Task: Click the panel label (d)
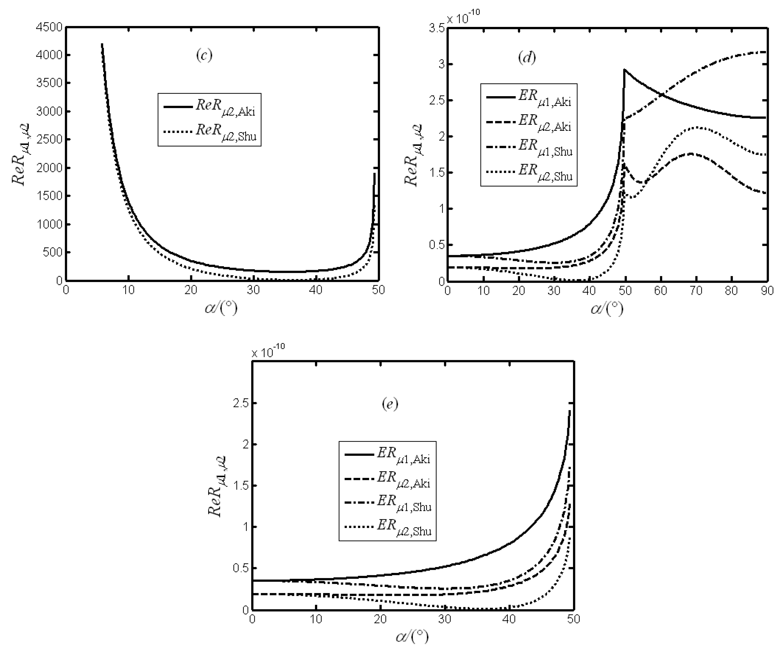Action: [x=527, y=57]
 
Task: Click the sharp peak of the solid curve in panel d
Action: [x=625, y=70]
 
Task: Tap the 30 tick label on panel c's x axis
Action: [x=253, y=290]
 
